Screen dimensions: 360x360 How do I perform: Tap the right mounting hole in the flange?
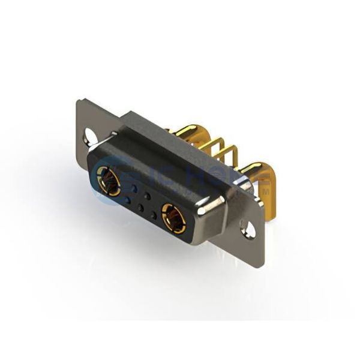(245, 227)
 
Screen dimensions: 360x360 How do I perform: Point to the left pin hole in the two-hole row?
(134, 187)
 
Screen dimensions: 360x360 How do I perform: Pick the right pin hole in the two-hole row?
(147, 196)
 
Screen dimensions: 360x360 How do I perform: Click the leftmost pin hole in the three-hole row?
(127, 199)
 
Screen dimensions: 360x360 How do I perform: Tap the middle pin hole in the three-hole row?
(140, 208)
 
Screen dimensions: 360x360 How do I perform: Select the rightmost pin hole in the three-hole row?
(154, 215)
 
